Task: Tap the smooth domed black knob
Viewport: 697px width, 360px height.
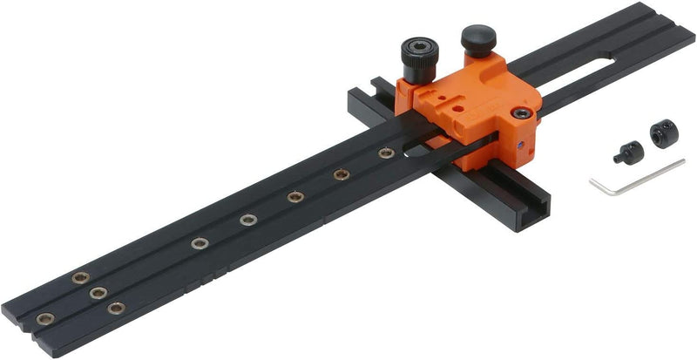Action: pyautogui.click(x=478, y=40)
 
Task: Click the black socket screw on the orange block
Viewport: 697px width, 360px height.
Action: pyautogui.click(x=520, y=112)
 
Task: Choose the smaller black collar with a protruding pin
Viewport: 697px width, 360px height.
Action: pyautogui.click(x=628, y=153)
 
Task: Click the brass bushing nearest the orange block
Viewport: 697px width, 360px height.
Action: pyautogui.click(x=386, y=153)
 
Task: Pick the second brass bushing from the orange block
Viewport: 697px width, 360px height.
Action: pyautogui.click(x=342, y=175)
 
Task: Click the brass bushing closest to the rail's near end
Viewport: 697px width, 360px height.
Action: pyautogui.click(x=45, y=318)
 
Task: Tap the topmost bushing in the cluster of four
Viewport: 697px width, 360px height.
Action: pyautogui.click(x=81, y=278)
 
